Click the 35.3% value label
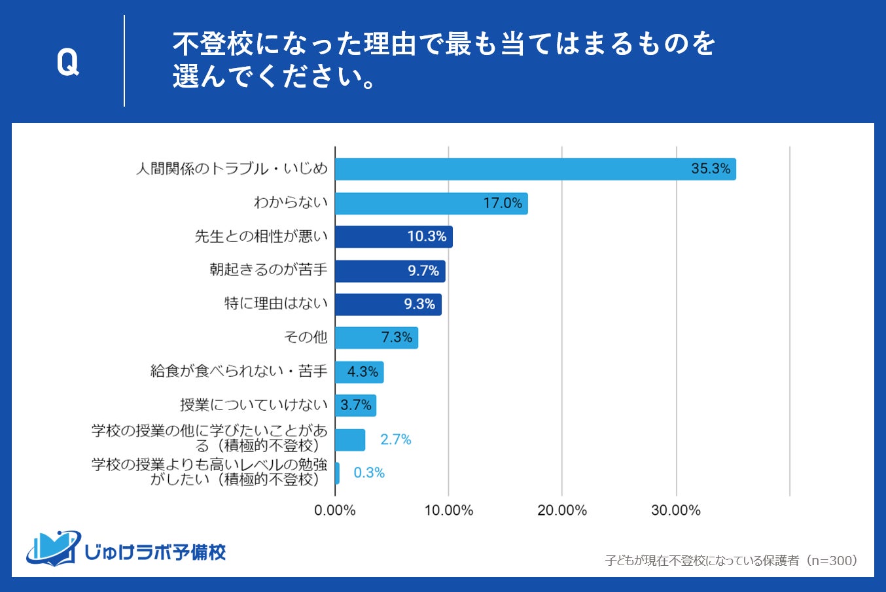click(x=711, y=169)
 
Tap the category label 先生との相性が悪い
click(x=261, y=236)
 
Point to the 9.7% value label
click(x=423, y=271)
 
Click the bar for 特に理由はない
click(x=387, y=304)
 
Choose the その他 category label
click(x=306, y=337)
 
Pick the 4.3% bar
click(x=359, y=372)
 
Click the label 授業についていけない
click(x=254, y=405)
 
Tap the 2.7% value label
click(x=396, y=440)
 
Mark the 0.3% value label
click(x=369, y=473)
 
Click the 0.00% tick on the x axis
click(x=335, y=510)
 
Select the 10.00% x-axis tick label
click(x=448, y=510)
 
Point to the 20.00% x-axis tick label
click(x=562, y=510)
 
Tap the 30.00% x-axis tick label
click(x=676, y=510)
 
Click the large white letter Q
click(x=67, y=63)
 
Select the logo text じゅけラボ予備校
click(x=156, y=552)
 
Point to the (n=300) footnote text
click(x=731, y=561)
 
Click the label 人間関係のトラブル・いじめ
click(x=232, y=169)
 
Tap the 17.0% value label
click(x=503, y=203)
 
